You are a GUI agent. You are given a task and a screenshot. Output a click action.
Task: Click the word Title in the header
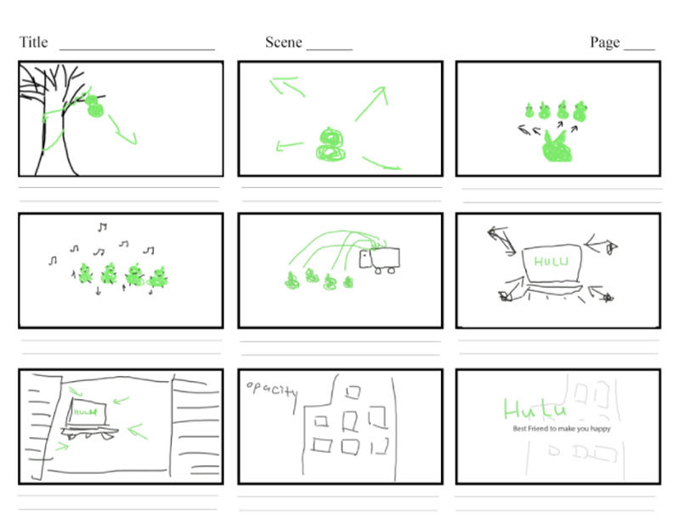33,42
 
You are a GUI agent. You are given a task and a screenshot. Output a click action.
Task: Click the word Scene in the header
283,42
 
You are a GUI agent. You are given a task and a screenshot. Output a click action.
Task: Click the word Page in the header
605,42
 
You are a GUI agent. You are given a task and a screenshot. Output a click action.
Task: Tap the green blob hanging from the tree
95,106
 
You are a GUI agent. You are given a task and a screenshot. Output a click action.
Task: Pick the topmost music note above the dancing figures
102,227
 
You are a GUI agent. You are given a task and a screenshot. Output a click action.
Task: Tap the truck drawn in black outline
380,259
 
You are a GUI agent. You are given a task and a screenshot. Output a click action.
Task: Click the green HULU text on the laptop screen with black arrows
551,262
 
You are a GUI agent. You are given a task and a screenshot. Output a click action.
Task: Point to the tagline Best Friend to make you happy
561,429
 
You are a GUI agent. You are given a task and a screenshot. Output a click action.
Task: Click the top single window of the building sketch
353,392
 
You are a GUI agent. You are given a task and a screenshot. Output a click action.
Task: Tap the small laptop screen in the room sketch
86,412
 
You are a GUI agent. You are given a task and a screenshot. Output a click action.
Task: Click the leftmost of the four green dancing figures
85,274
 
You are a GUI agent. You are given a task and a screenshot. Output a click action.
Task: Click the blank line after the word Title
137,49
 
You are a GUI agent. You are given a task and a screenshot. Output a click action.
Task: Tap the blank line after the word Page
639,49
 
